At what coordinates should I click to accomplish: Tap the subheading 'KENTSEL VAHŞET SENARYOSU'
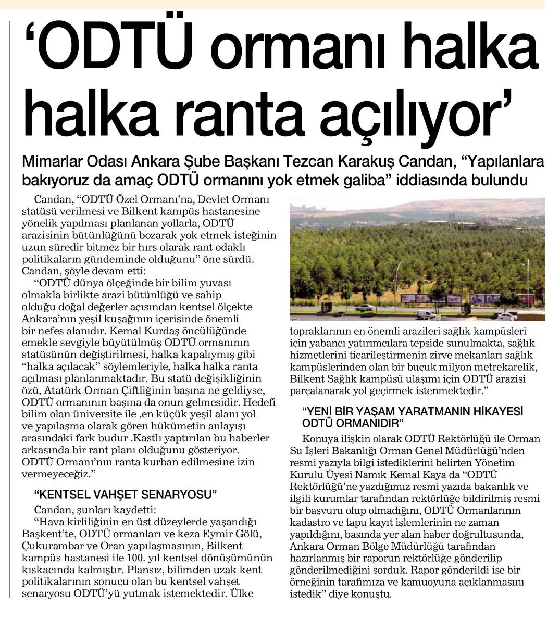click(x=125, y=494)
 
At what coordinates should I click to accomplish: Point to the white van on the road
click(x=426, y=315)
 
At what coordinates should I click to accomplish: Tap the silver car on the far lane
click(x=364, y=308)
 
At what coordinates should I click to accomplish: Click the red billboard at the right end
click(x=526, y=299)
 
